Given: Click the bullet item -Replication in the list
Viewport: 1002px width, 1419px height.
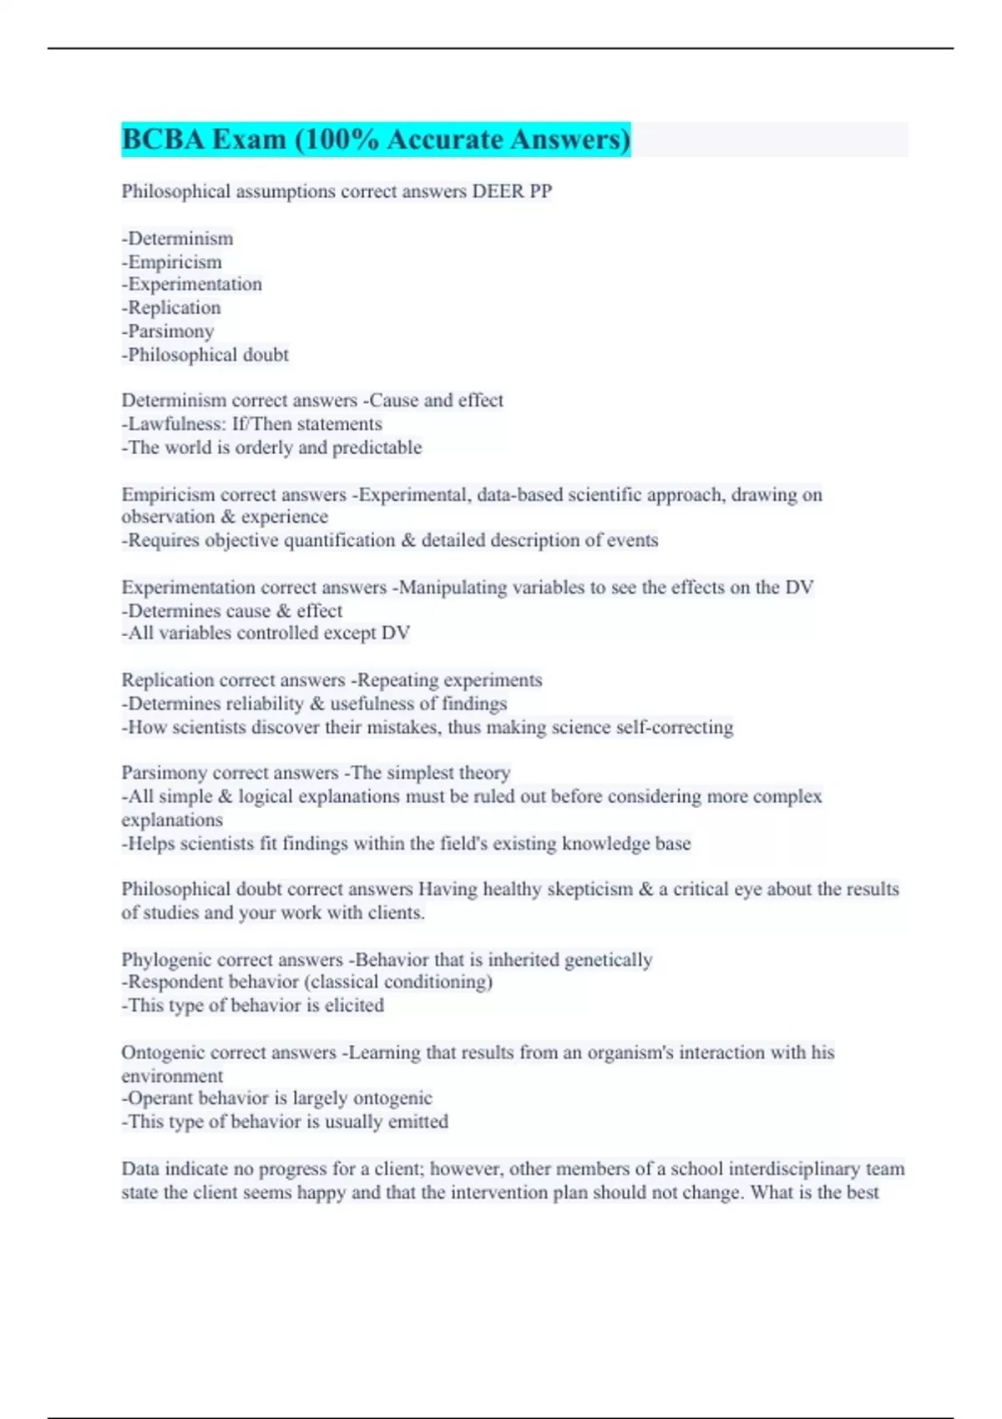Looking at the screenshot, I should pyautogui.click(x=172, y=308).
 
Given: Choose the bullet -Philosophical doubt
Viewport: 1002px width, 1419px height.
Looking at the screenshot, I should pyautogui.click(x=205, y=355).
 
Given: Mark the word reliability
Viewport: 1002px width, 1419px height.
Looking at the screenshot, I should pyautogui.click(x=239, y=704).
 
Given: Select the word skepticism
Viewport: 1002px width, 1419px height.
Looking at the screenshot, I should pyautogui.click(x=590, y=889).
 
